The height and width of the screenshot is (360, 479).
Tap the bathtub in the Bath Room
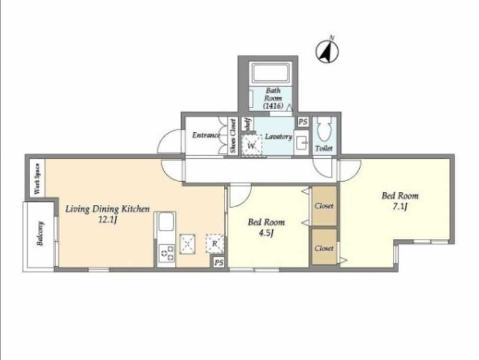point(270,73)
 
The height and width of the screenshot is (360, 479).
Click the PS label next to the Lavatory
point(303,122)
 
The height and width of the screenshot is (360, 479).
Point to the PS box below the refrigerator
point(219,262)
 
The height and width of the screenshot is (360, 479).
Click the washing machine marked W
point(252,146)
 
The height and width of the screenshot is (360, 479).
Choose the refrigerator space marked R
point(215,243)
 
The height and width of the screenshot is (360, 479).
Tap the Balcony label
point(40,234)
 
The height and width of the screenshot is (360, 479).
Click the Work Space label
point(37,179)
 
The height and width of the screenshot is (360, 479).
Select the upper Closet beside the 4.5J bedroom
point(324,206)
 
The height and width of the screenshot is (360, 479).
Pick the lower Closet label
point(324,248)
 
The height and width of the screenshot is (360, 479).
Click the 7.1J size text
point(400,207)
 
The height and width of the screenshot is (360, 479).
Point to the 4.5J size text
point(266,233)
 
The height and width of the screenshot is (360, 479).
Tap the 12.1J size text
point(107,220)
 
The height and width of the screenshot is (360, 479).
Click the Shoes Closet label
point(233,136)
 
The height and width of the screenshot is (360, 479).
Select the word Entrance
point(206,135)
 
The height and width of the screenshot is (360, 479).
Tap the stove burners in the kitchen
point(167,253)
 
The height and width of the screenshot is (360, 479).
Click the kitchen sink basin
point(166,222)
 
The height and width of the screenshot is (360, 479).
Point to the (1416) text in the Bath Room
point(273,106)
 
